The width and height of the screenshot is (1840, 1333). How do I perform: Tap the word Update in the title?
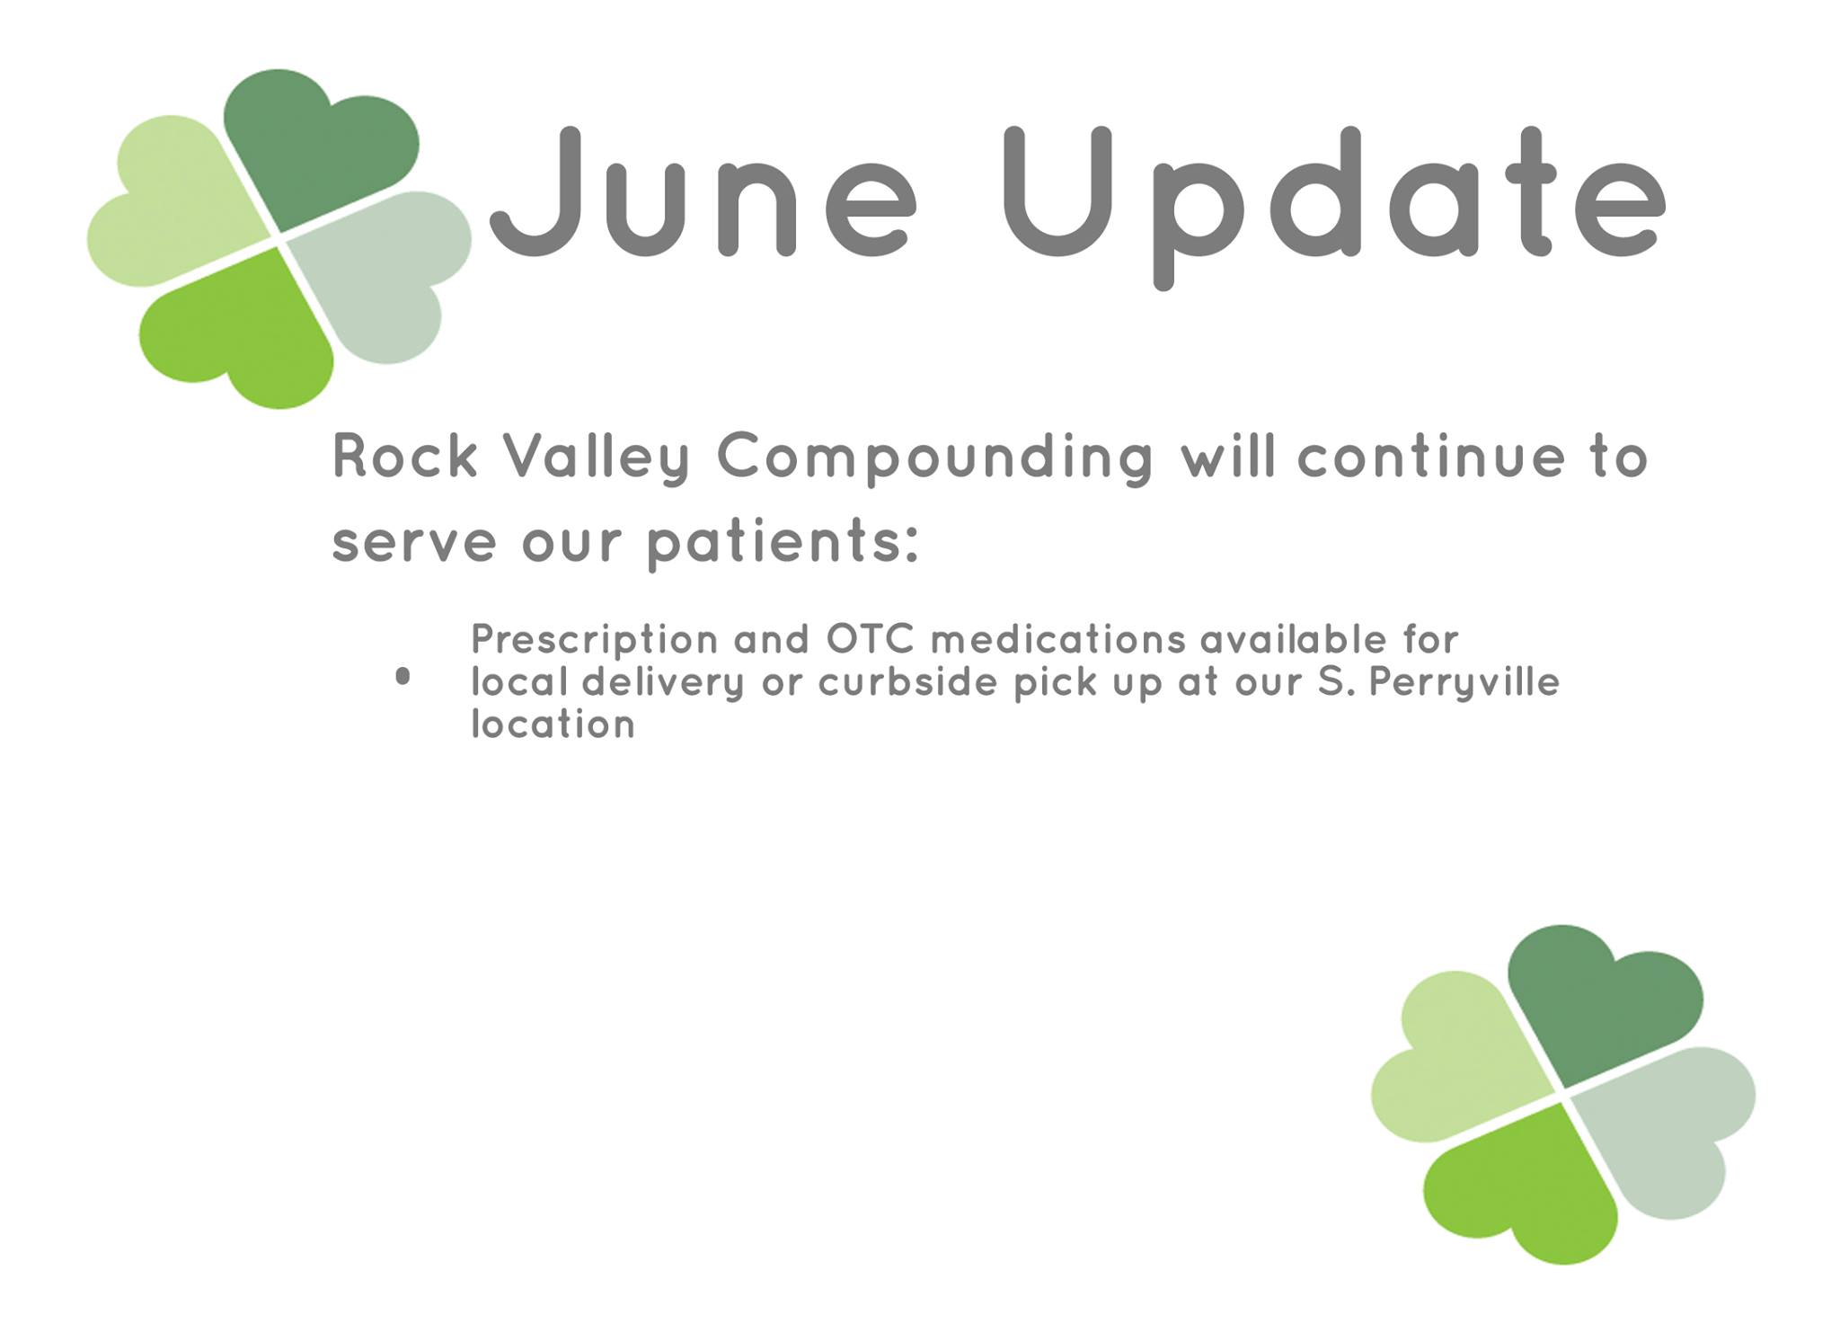(x=1334, y=207)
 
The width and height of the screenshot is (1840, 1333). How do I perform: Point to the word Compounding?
(x=935, y=459)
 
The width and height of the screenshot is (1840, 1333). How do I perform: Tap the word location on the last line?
(x=553, y=724)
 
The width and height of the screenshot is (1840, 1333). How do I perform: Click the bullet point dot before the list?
(x=402, y=677)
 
